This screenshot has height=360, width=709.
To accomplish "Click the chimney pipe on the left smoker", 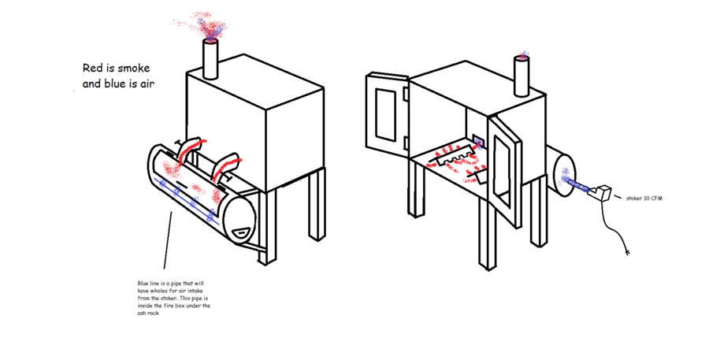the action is [210, 59].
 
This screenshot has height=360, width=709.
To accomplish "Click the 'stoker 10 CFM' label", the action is [644, 198].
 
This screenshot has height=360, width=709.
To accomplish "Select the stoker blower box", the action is [599, 194].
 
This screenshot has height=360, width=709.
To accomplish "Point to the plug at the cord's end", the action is [627, 251].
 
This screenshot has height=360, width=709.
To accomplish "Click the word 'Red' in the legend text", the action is [93, 69].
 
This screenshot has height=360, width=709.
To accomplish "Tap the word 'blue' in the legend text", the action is [115, 84].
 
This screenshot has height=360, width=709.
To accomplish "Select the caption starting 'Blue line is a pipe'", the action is [173, 298].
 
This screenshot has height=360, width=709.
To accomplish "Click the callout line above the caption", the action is [167, 239].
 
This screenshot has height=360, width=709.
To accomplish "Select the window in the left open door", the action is [386, 114].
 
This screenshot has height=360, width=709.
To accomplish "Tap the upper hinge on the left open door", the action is [406, 94].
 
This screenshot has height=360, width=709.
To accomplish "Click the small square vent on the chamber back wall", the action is [477, 142].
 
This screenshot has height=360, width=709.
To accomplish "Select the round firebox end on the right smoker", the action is [565, 175].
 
